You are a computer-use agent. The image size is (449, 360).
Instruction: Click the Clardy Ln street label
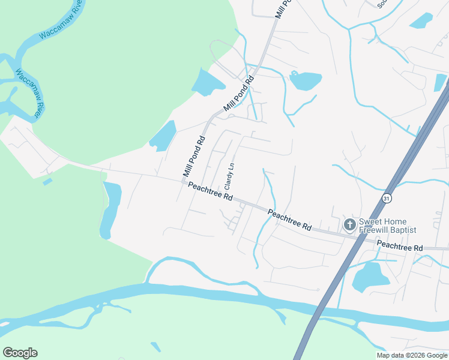[x=229, y=176]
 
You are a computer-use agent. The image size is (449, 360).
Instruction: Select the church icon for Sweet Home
[x=349, y=224]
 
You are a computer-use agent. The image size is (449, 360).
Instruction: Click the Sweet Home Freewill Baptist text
[x=387, y=225]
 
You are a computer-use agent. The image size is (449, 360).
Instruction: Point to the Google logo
[x=20, y=353]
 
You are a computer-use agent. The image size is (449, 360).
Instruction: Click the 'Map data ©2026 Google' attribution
[x=411, y=355]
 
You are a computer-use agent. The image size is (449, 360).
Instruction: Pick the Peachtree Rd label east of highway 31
[x=399, y=246]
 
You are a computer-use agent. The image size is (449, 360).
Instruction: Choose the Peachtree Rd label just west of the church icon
[x=290, y=220]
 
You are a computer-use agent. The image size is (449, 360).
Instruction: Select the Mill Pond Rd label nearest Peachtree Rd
[x=193, y=158]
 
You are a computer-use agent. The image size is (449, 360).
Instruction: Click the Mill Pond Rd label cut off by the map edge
[x=283, y=8]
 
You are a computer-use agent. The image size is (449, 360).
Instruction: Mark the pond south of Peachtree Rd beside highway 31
[x=371, y=277]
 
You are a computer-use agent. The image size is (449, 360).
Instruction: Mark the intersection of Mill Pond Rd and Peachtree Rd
[x=184, y=182]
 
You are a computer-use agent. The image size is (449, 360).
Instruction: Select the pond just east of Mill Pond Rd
[x=306, y=80]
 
